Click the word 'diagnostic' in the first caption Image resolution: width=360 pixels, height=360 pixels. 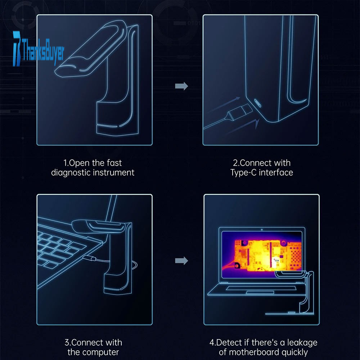(x=71, y=172)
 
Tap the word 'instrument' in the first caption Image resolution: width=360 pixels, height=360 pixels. (x=114, y=172)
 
